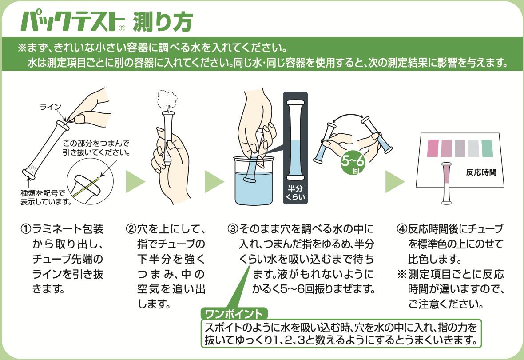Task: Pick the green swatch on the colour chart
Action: click(487, 148)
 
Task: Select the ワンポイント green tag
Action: click(234, 314)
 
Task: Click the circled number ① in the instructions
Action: click(25, 230)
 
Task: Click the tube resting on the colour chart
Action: click(447, 184)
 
